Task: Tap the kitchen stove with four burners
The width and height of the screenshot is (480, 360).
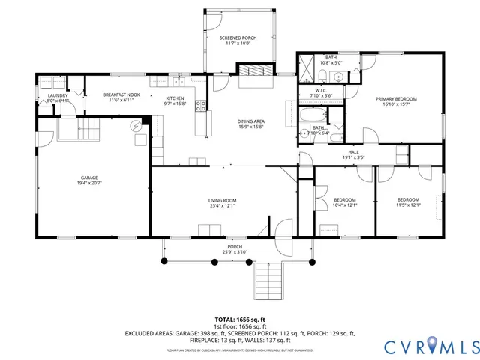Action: (201, 106)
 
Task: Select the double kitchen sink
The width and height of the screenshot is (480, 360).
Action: (178, 81)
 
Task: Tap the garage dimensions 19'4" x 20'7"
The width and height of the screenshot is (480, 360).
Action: (89, 183)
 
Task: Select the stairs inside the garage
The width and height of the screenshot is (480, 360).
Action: (88, 130)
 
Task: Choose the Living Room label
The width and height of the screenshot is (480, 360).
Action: (223, 200)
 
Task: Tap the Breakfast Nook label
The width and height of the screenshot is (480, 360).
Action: (121, 94)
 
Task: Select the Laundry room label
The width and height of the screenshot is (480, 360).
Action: (58, 95)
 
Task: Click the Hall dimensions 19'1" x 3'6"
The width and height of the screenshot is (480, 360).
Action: (353, 157)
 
